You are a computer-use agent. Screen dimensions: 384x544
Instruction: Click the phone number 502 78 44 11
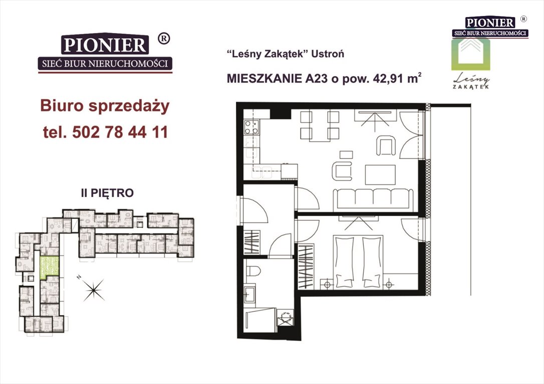coord(120,132)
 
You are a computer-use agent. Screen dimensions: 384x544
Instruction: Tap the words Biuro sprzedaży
coord(105,106)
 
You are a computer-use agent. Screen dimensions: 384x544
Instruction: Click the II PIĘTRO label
coord(107,192)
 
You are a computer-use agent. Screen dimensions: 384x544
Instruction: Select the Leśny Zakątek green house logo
coord(471,55)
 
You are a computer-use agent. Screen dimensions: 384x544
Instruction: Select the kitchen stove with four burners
coord(250,127)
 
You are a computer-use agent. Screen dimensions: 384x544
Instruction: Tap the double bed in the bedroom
coord(358,262)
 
